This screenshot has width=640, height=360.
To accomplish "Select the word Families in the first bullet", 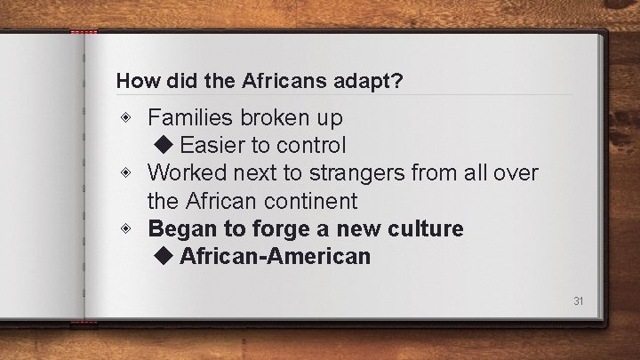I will [x=188, y=116].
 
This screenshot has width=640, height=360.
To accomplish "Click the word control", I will [x=310, y=144].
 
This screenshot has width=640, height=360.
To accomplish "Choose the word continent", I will [x=309, y=200].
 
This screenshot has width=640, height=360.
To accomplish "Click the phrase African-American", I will [x=275, y=257].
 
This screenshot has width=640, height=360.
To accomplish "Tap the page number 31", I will [x=578, y=300].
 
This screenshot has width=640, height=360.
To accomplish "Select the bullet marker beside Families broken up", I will [x=131, y=116].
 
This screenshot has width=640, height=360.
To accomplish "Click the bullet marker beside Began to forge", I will [x=131, y=228].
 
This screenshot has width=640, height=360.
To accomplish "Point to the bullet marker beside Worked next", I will [x=131, y=172].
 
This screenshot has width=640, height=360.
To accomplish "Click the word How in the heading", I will [x=132, y=81].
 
